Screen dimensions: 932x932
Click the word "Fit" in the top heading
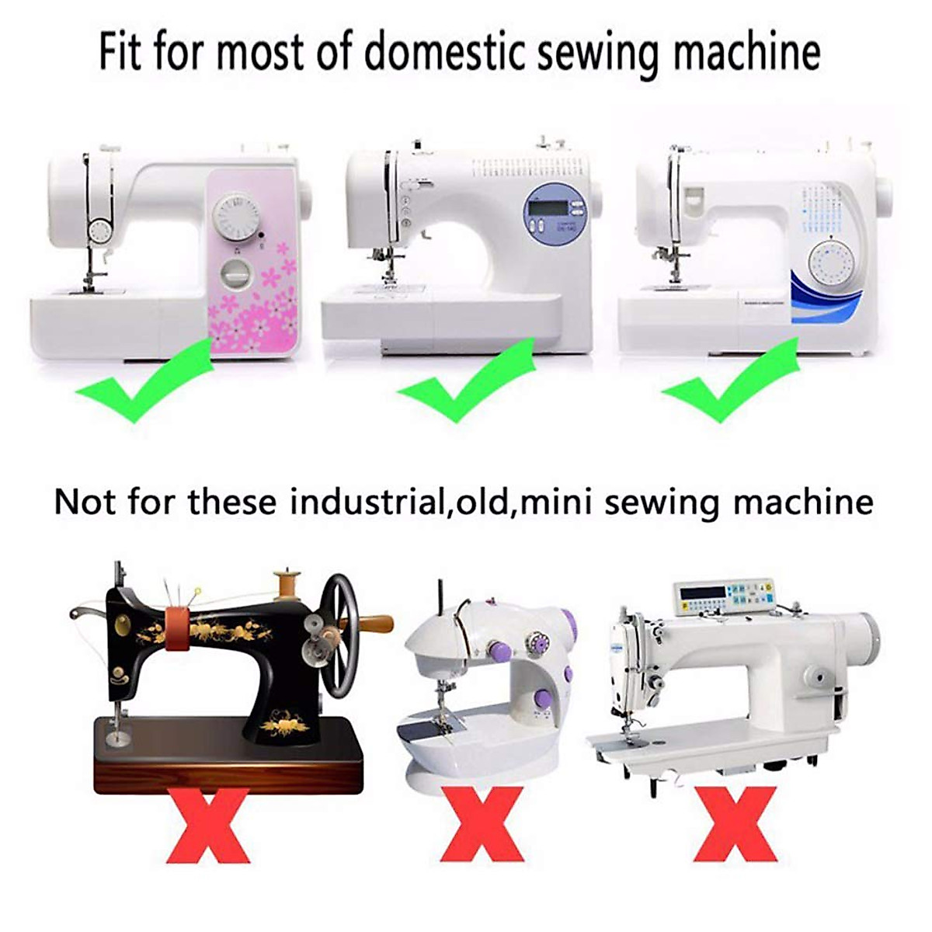pos(120,52)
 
